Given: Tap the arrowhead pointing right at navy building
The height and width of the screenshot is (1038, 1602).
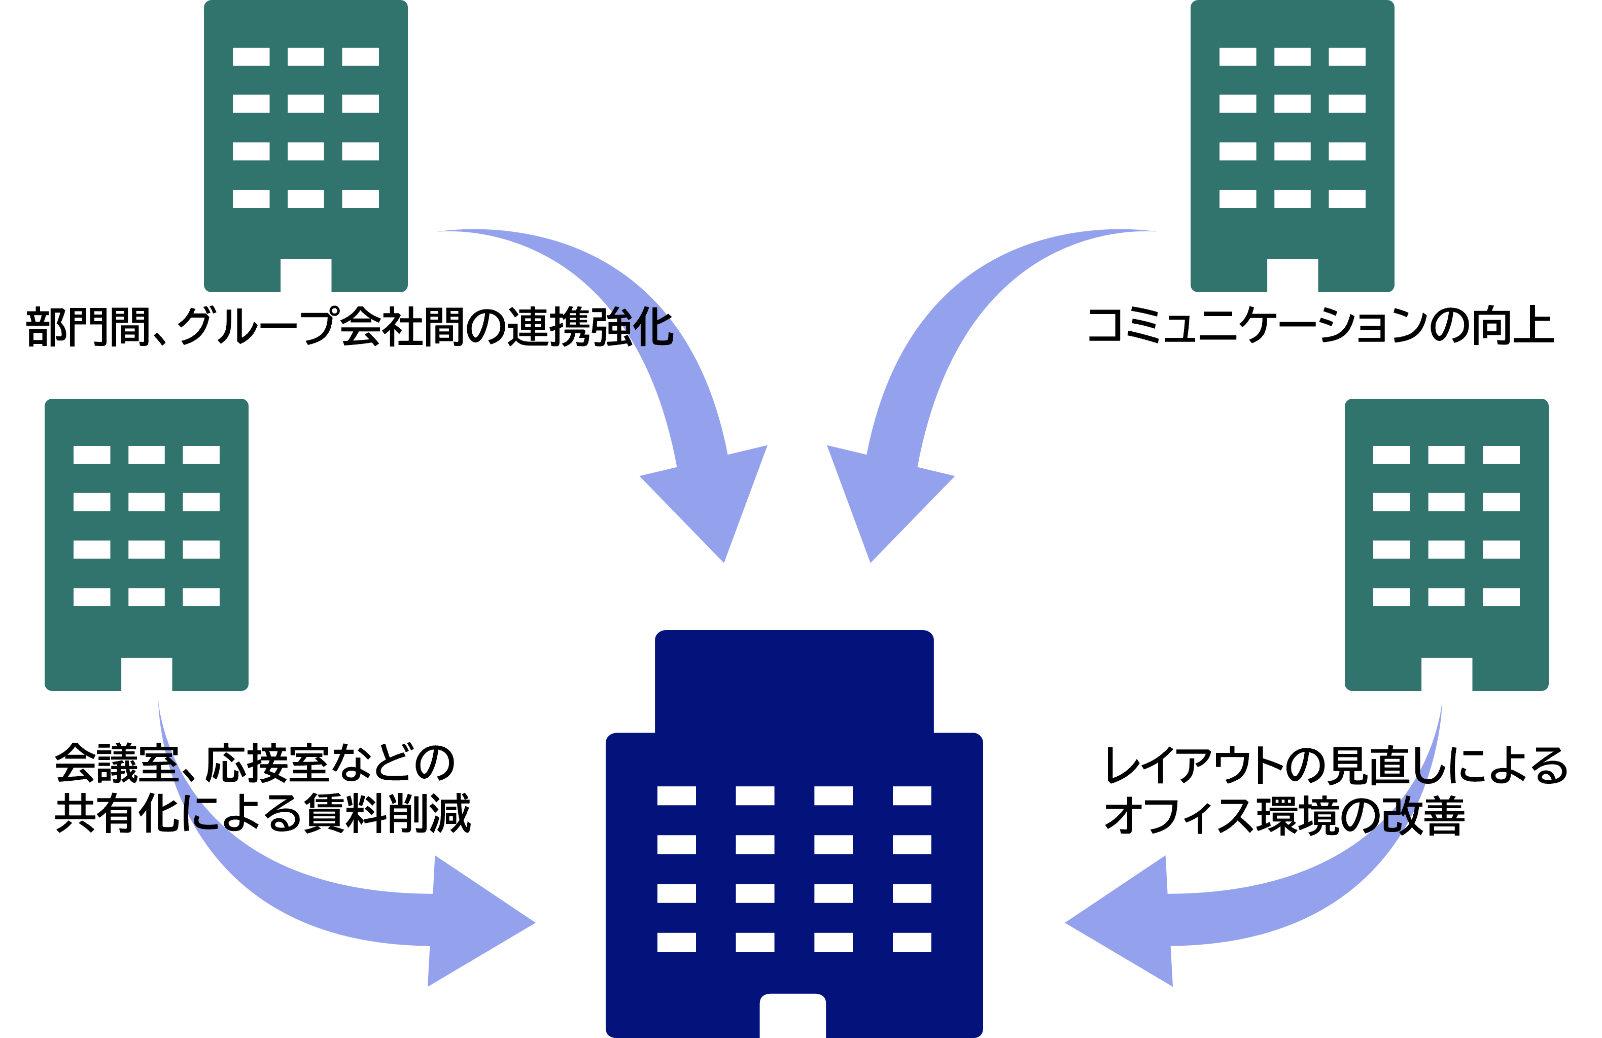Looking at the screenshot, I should click(x=478, y=922).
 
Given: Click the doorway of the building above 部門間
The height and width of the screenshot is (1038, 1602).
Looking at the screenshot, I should click(x=305, y=275).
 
